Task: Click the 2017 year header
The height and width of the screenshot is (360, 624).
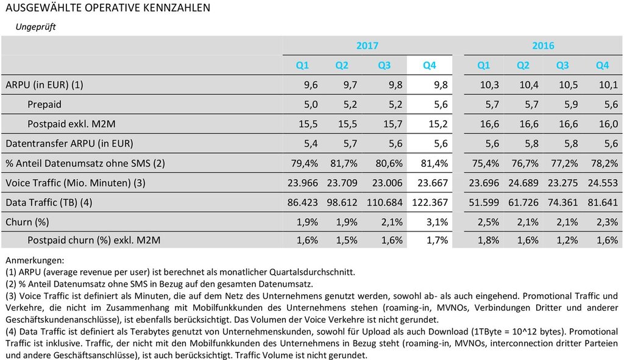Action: (367, 46)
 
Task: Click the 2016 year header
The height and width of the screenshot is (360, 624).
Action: (543, 46)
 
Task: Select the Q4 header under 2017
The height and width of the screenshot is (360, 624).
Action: (430, 65)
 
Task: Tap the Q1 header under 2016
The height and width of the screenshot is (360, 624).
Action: (484, 65)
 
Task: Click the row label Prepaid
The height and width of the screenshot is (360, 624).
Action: (44, 105)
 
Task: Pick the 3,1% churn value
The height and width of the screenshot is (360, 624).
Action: (435, 222)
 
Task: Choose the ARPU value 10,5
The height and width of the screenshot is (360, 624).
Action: (568, 85)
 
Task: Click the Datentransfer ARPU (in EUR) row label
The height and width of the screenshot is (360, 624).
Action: (69, 144)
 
